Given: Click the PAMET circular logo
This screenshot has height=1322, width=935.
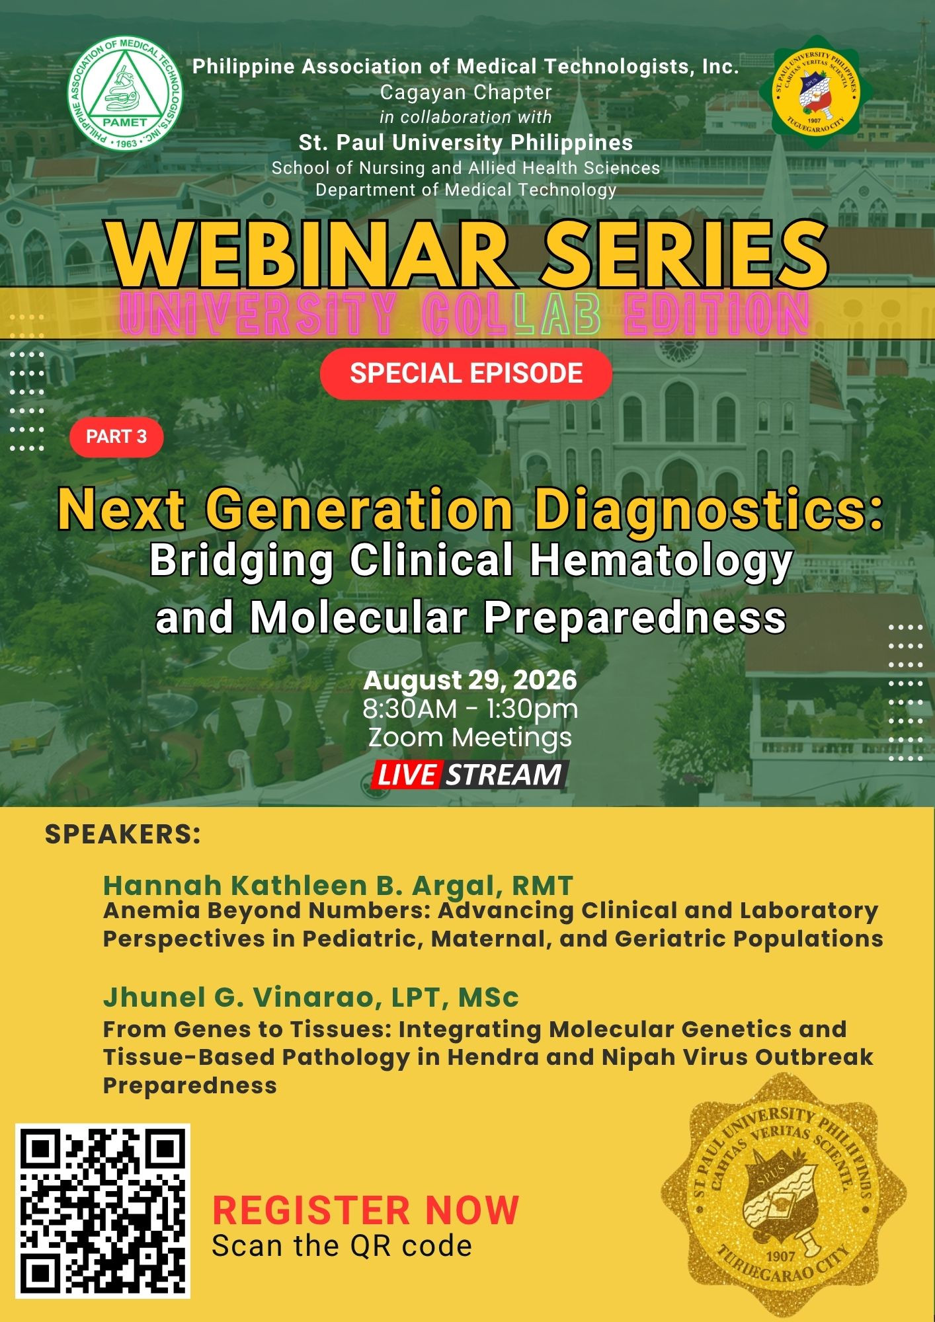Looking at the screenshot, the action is (x=126, y=93).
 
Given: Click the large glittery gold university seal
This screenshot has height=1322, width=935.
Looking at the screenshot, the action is (x=784, y=1195).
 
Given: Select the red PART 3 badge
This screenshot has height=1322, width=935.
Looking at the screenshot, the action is (x=116, y=436).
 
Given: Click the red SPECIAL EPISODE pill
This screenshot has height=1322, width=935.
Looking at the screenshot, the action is (x=466, y=373).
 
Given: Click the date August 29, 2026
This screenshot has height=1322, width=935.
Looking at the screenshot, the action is (x=470, y=680).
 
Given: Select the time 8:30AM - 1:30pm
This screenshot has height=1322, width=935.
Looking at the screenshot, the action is (x=470, y=709).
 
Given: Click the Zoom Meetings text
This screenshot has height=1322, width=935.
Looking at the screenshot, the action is (x=470, y=737).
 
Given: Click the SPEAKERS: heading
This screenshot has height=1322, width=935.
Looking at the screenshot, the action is (x=122, y=834).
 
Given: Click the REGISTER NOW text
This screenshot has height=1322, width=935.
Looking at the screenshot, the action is (x=366, y=1210).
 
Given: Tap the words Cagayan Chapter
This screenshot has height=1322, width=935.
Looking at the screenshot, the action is (x=466, y=93).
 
